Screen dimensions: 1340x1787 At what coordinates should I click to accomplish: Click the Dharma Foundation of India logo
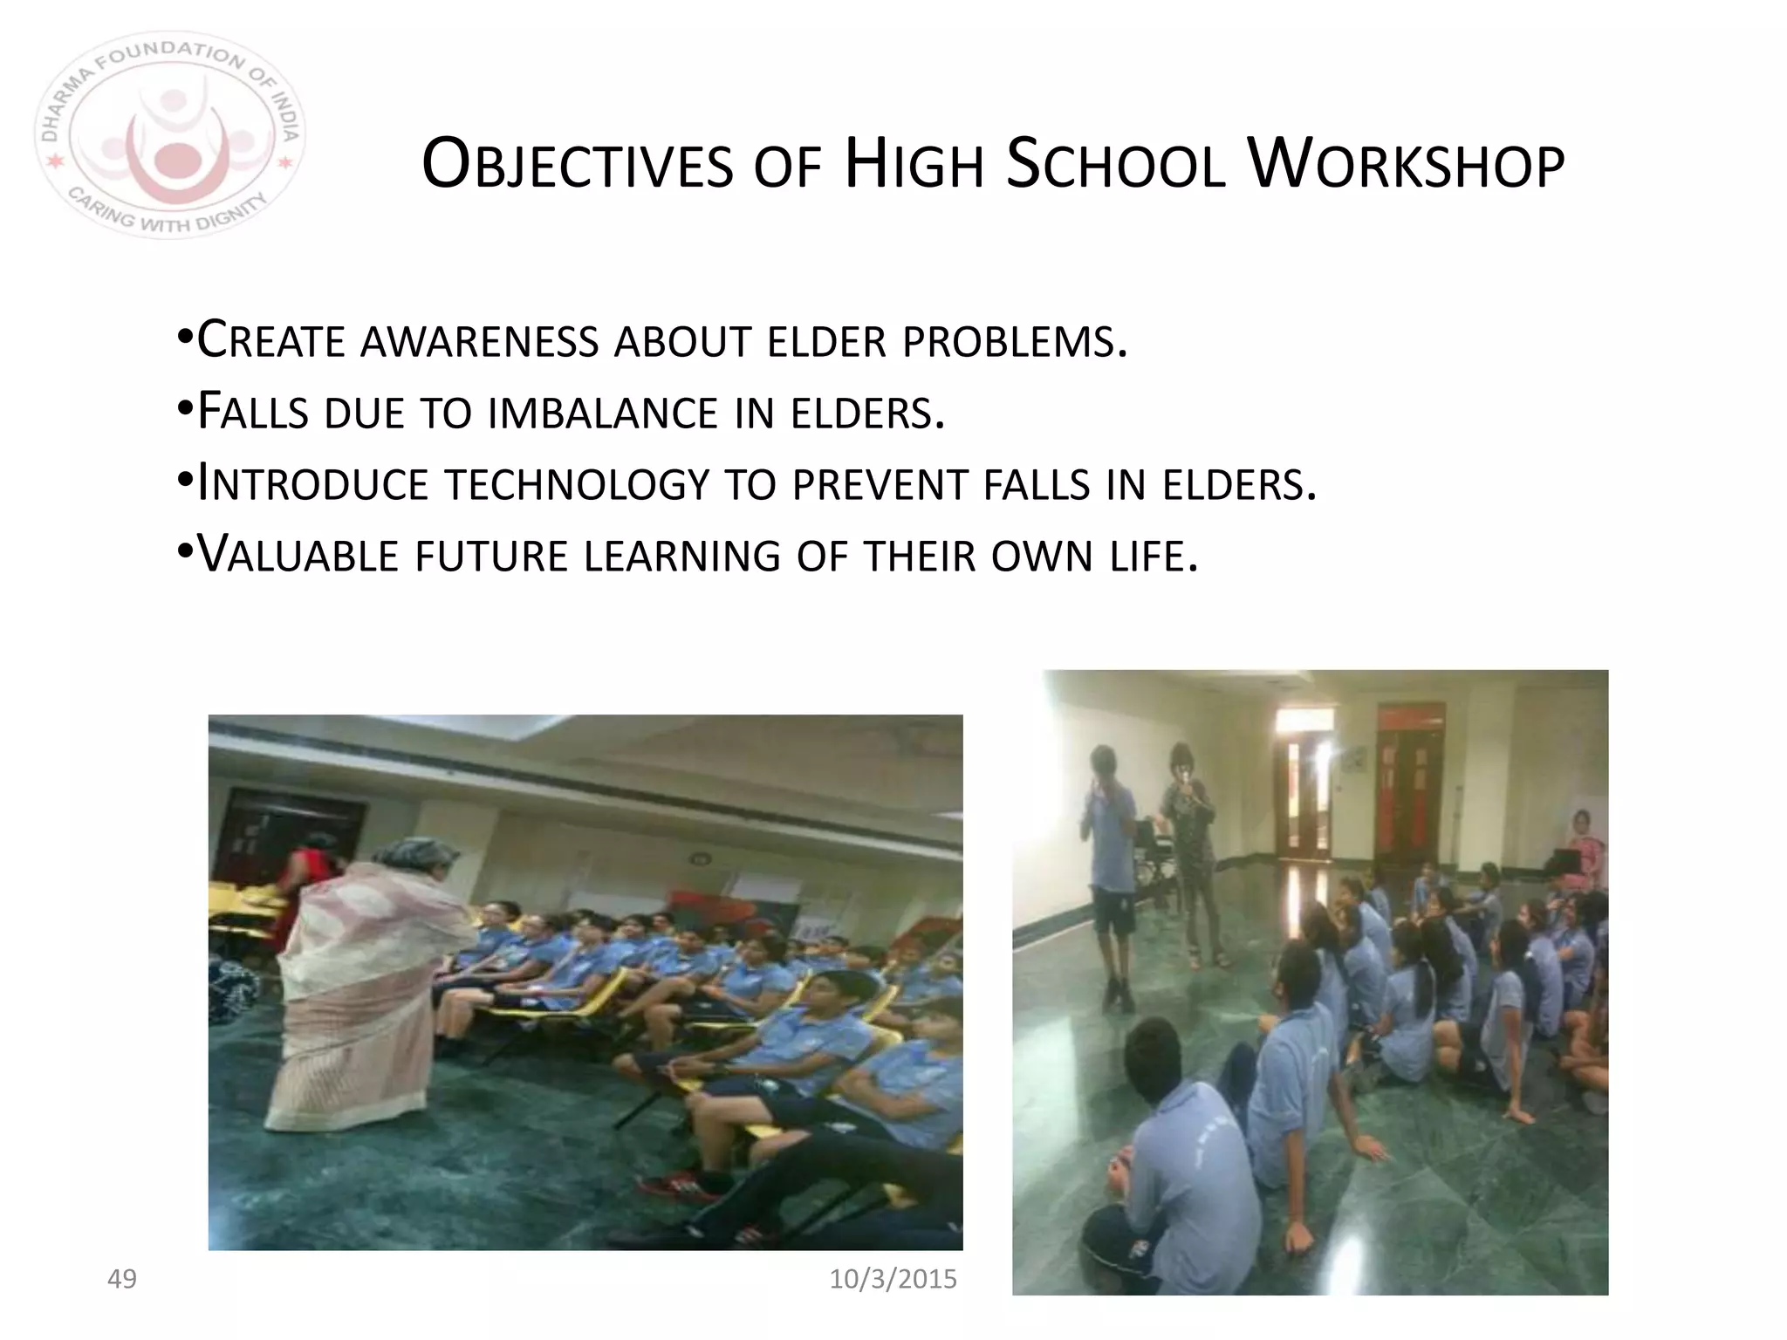pyautogui.click(x=170, y=135)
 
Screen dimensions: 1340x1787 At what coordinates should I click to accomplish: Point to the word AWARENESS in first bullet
pyautogui.click(x=479, y=341)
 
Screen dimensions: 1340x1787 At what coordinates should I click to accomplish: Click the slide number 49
pyautogui.click(x=121, y=1279)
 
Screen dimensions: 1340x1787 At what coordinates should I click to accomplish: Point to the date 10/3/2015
pyautogui.click(x=892, y=1279)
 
